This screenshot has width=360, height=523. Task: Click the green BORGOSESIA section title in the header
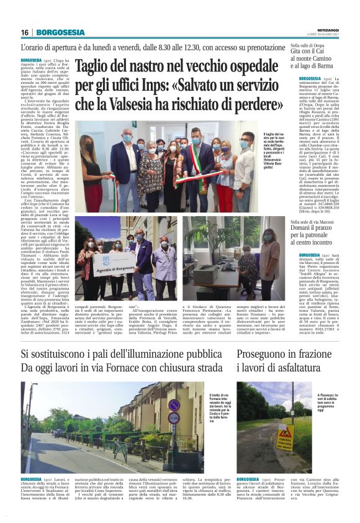coord(61,32)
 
